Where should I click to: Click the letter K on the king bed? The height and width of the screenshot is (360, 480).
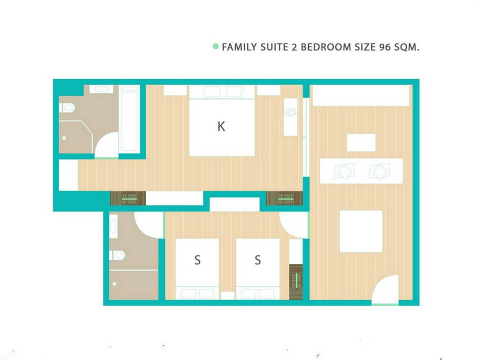221,127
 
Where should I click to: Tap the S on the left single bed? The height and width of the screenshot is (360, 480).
197,260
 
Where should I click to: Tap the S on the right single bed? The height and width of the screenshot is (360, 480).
258,260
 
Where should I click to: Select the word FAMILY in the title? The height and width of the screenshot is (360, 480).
240,47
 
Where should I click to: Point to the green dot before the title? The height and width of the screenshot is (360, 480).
216,46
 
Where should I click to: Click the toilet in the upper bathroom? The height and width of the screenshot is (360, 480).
67,108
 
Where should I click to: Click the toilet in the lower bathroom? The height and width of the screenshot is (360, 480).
117,255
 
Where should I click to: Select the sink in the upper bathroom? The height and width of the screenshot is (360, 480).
101,89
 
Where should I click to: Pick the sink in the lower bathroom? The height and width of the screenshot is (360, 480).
113,226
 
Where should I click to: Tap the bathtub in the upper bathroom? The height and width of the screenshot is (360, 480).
129,119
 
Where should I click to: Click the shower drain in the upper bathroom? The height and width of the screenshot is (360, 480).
64,138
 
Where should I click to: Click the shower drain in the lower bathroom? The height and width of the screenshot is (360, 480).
114,284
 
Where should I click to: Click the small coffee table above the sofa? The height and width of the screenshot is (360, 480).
361,142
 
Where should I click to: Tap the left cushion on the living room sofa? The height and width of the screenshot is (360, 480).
344,171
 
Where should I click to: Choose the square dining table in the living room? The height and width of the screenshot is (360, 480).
361,232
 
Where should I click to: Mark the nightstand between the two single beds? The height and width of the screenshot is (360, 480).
227,296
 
